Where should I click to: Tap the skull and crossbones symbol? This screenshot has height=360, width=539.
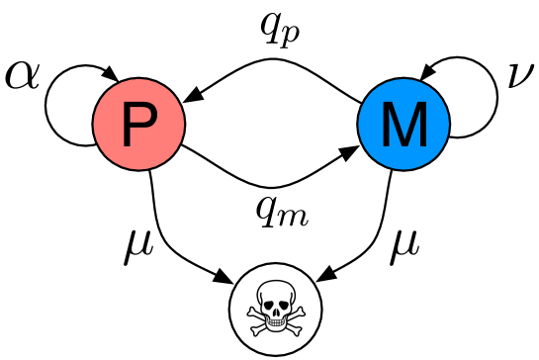(x=270, y=305)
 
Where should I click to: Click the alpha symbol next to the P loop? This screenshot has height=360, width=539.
(x=22, y=76)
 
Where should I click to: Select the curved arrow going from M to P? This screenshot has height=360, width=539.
(x=272, y=61)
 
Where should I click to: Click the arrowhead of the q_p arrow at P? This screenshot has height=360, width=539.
(x=193, y=96)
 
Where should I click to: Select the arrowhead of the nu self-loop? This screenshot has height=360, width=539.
(x=427, y=75)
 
